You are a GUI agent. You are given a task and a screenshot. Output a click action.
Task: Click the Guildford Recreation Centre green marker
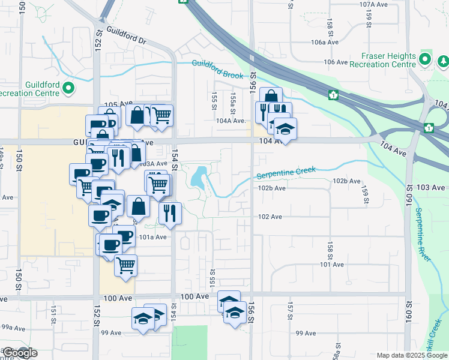pos(68,89)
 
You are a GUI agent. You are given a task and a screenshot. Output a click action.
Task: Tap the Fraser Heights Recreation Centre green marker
pos(425,59)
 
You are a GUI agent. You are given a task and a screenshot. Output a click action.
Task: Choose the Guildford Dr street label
pos(126,35)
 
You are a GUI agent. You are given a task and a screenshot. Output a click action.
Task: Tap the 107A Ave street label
pos(375,4)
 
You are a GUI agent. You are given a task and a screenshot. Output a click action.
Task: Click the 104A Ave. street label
pos(232,121)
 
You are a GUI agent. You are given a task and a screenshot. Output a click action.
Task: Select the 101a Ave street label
pos(152,237)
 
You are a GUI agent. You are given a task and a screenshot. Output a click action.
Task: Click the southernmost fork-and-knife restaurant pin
pos(170,212)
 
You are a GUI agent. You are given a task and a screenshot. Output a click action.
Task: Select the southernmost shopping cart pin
pos(125,264)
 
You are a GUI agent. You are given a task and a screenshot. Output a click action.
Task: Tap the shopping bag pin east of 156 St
pos(271,97)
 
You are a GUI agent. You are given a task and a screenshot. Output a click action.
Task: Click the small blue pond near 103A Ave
pos(197,177)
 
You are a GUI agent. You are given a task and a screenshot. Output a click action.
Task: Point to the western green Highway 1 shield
pos(332,94)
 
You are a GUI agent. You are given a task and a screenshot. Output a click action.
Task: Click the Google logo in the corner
pos(19,353)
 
